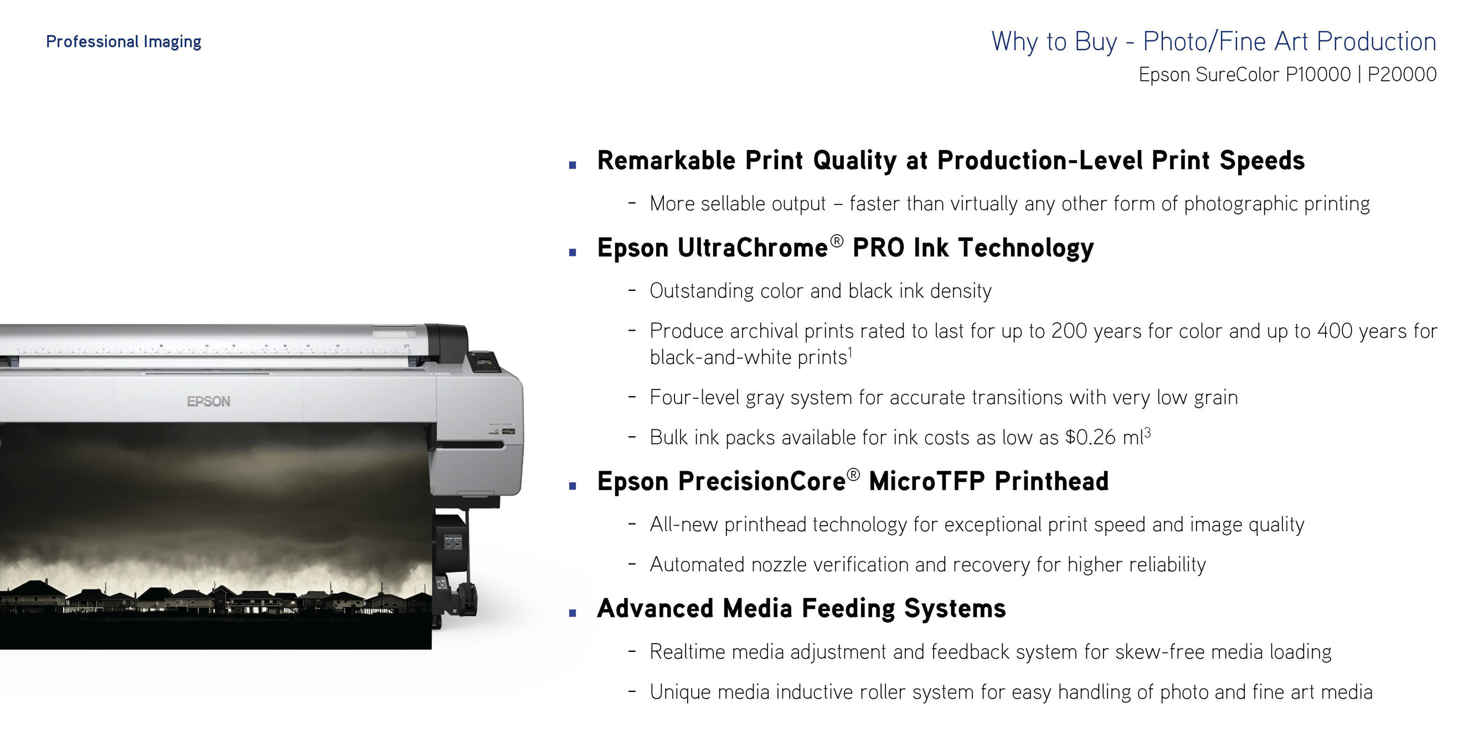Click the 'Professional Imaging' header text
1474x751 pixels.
tap(123, 42)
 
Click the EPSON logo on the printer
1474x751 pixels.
tap(209, 402)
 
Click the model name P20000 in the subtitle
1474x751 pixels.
tap(1402, 74)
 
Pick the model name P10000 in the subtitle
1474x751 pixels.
tap(1318, 74)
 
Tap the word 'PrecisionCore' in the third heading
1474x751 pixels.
tap(761, 481)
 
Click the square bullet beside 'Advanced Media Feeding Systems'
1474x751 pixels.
tap(572, 613)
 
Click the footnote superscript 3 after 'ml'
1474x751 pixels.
tap(1147, 432)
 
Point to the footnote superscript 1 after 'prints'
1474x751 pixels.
tap(851, 353)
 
